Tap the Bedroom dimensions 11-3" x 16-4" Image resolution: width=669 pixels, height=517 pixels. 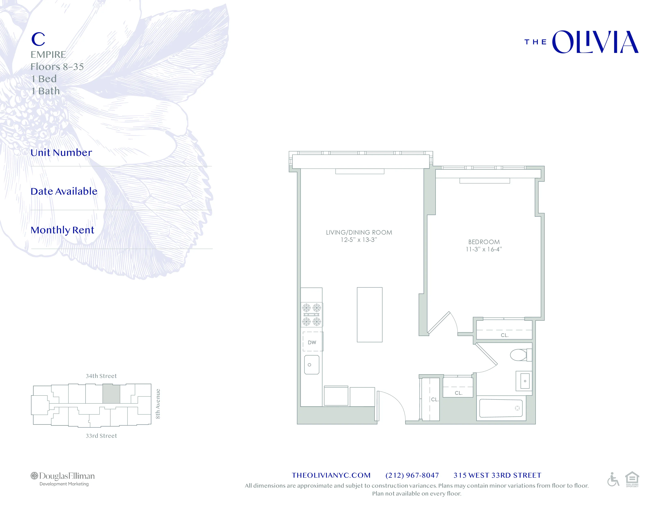click(x=484, y=249)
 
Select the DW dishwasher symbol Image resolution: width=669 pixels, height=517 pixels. click(x=312, y=342)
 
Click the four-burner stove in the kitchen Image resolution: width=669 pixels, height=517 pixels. click(x=312, y=314)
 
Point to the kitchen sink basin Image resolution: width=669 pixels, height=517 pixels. click(x=312, y=365)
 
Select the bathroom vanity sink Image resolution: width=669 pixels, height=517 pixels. click(x=524, y=381)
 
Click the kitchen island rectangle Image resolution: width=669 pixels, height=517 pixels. click(x=369, y=314)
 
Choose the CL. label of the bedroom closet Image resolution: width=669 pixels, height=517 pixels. click(x=505, y=335)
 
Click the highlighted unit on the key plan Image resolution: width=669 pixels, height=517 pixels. click(x=111, y=394)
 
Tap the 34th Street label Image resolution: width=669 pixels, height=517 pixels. click(x=101, y=376)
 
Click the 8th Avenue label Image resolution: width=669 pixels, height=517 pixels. click(x=158, y=404)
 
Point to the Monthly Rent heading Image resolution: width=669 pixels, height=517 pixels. click(x=62, y=230)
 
